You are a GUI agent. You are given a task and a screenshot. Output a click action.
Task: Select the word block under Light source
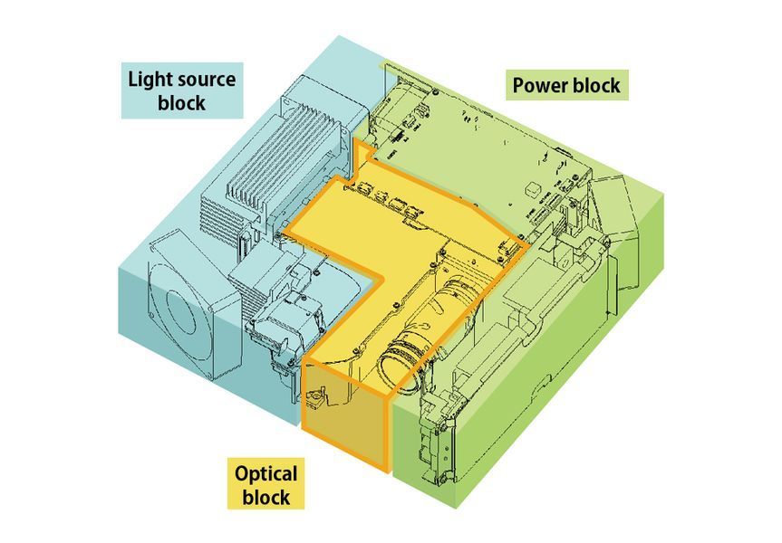[181, 103]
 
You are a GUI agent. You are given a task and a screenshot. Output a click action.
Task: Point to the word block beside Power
[595, 85]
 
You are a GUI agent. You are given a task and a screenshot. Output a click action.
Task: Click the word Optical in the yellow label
[265, 473]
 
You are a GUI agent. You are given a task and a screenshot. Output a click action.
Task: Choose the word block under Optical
[266, 497]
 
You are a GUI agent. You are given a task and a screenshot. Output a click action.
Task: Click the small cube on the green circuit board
[534, 188]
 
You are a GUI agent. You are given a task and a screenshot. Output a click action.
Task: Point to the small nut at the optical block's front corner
[315, 397]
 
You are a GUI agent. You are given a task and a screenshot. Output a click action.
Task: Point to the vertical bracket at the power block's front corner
[439, 438]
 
